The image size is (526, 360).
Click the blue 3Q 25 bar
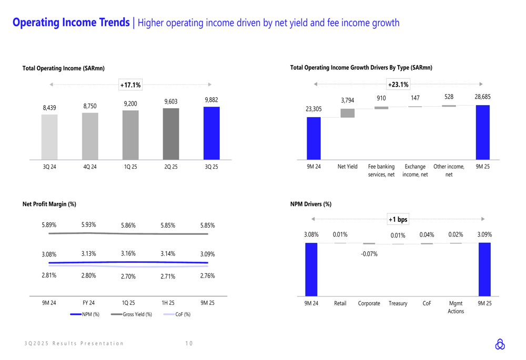211,133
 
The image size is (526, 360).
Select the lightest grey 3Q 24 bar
49,137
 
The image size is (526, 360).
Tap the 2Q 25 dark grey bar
171,134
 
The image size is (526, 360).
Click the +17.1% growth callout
130,85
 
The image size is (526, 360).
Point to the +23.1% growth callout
398,84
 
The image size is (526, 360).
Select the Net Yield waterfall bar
348,113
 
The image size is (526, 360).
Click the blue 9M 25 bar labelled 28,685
482,132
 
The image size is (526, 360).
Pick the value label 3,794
348,100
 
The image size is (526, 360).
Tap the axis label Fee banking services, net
381,170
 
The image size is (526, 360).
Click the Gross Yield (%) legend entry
131,314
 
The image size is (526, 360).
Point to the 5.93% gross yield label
89,225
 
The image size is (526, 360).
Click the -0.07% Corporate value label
369,254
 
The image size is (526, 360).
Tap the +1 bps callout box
398,219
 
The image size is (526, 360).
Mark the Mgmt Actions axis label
456,307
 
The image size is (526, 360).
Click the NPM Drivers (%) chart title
310,204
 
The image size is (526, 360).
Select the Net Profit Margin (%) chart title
49,204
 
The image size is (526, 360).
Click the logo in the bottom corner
500,344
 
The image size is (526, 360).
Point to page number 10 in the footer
189,344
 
